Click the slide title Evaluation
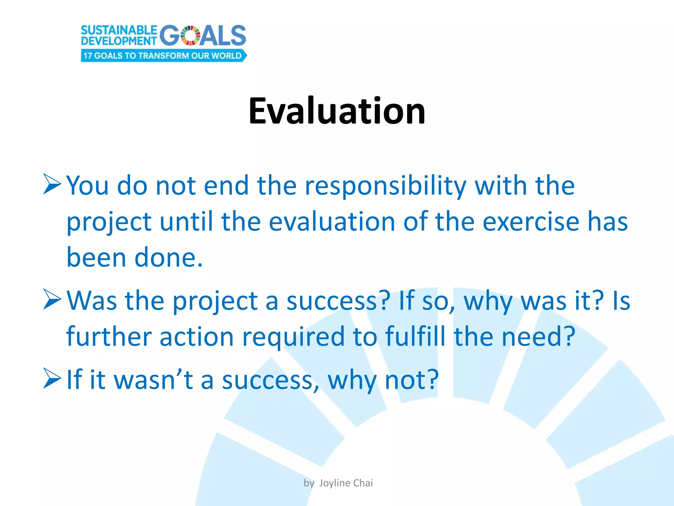[337, 111]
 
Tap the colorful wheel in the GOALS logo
[191, 35]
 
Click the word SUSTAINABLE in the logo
[119, 30]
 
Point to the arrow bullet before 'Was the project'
[52, 299]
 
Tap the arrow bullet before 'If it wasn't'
[52, 379]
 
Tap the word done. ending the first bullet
[168, 258]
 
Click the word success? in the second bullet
[338, 301]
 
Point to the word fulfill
[415, 336]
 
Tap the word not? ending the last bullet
[411, 380]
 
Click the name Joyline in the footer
[334, 483]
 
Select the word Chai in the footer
[363, 483]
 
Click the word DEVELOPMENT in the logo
[119, 41]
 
